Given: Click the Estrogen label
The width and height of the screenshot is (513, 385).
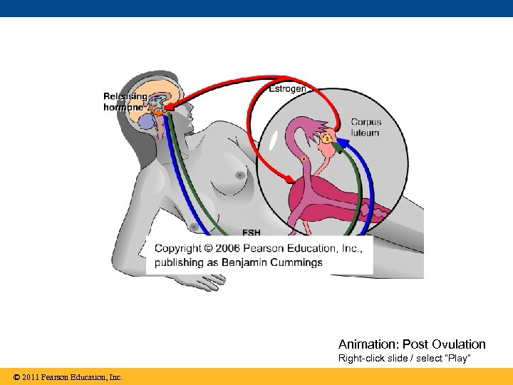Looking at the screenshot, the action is click(287, 89).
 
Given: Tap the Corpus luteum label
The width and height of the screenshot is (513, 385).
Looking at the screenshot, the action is click(365, 128).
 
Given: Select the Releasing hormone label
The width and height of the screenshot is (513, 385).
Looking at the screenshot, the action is click(125, 101).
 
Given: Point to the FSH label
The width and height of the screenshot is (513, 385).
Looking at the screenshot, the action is click(251, 232).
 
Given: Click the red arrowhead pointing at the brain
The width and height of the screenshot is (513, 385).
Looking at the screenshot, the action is click(168, 108).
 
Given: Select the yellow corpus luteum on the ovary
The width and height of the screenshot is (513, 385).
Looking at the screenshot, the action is click(326, 138).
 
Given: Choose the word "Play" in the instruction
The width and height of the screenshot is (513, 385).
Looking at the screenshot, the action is click(456, 358).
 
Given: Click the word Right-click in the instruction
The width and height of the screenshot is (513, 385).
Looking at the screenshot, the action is click(360, 358).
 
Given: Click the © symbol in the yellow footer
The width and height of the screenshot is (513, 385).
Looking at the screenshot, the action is click(16, 376).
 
